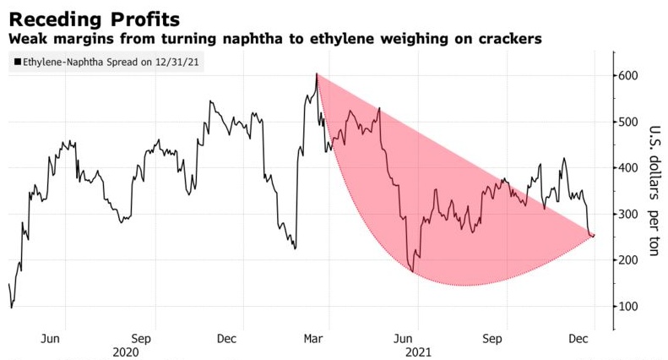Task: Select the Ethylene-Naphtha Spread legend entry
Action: (x=111, y=62)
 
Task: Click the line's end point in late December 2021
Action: (x=593, y=236)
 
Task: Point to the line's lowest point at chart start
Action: (x=11, y=308)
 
